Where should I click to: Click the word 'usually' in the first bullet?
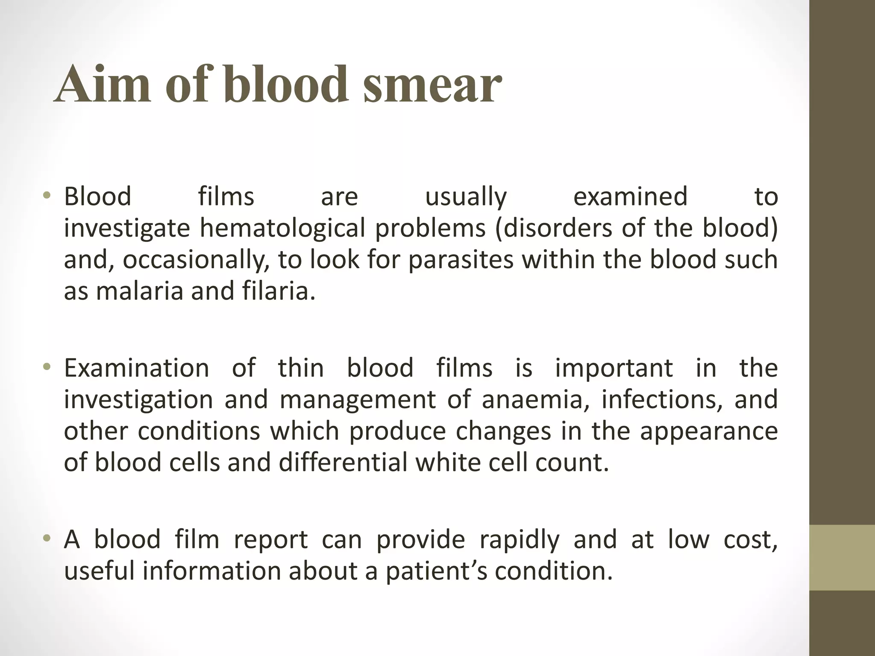click(x=466, y=197)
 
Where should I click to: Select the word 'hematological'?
click(x=282, y=229)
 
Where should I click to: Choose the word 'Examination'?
click(x=136, y=368)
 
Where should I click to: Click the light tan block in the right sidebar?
click(x=842, y=557)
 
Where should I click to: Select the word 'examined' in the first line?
click(x=630, y=197)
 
